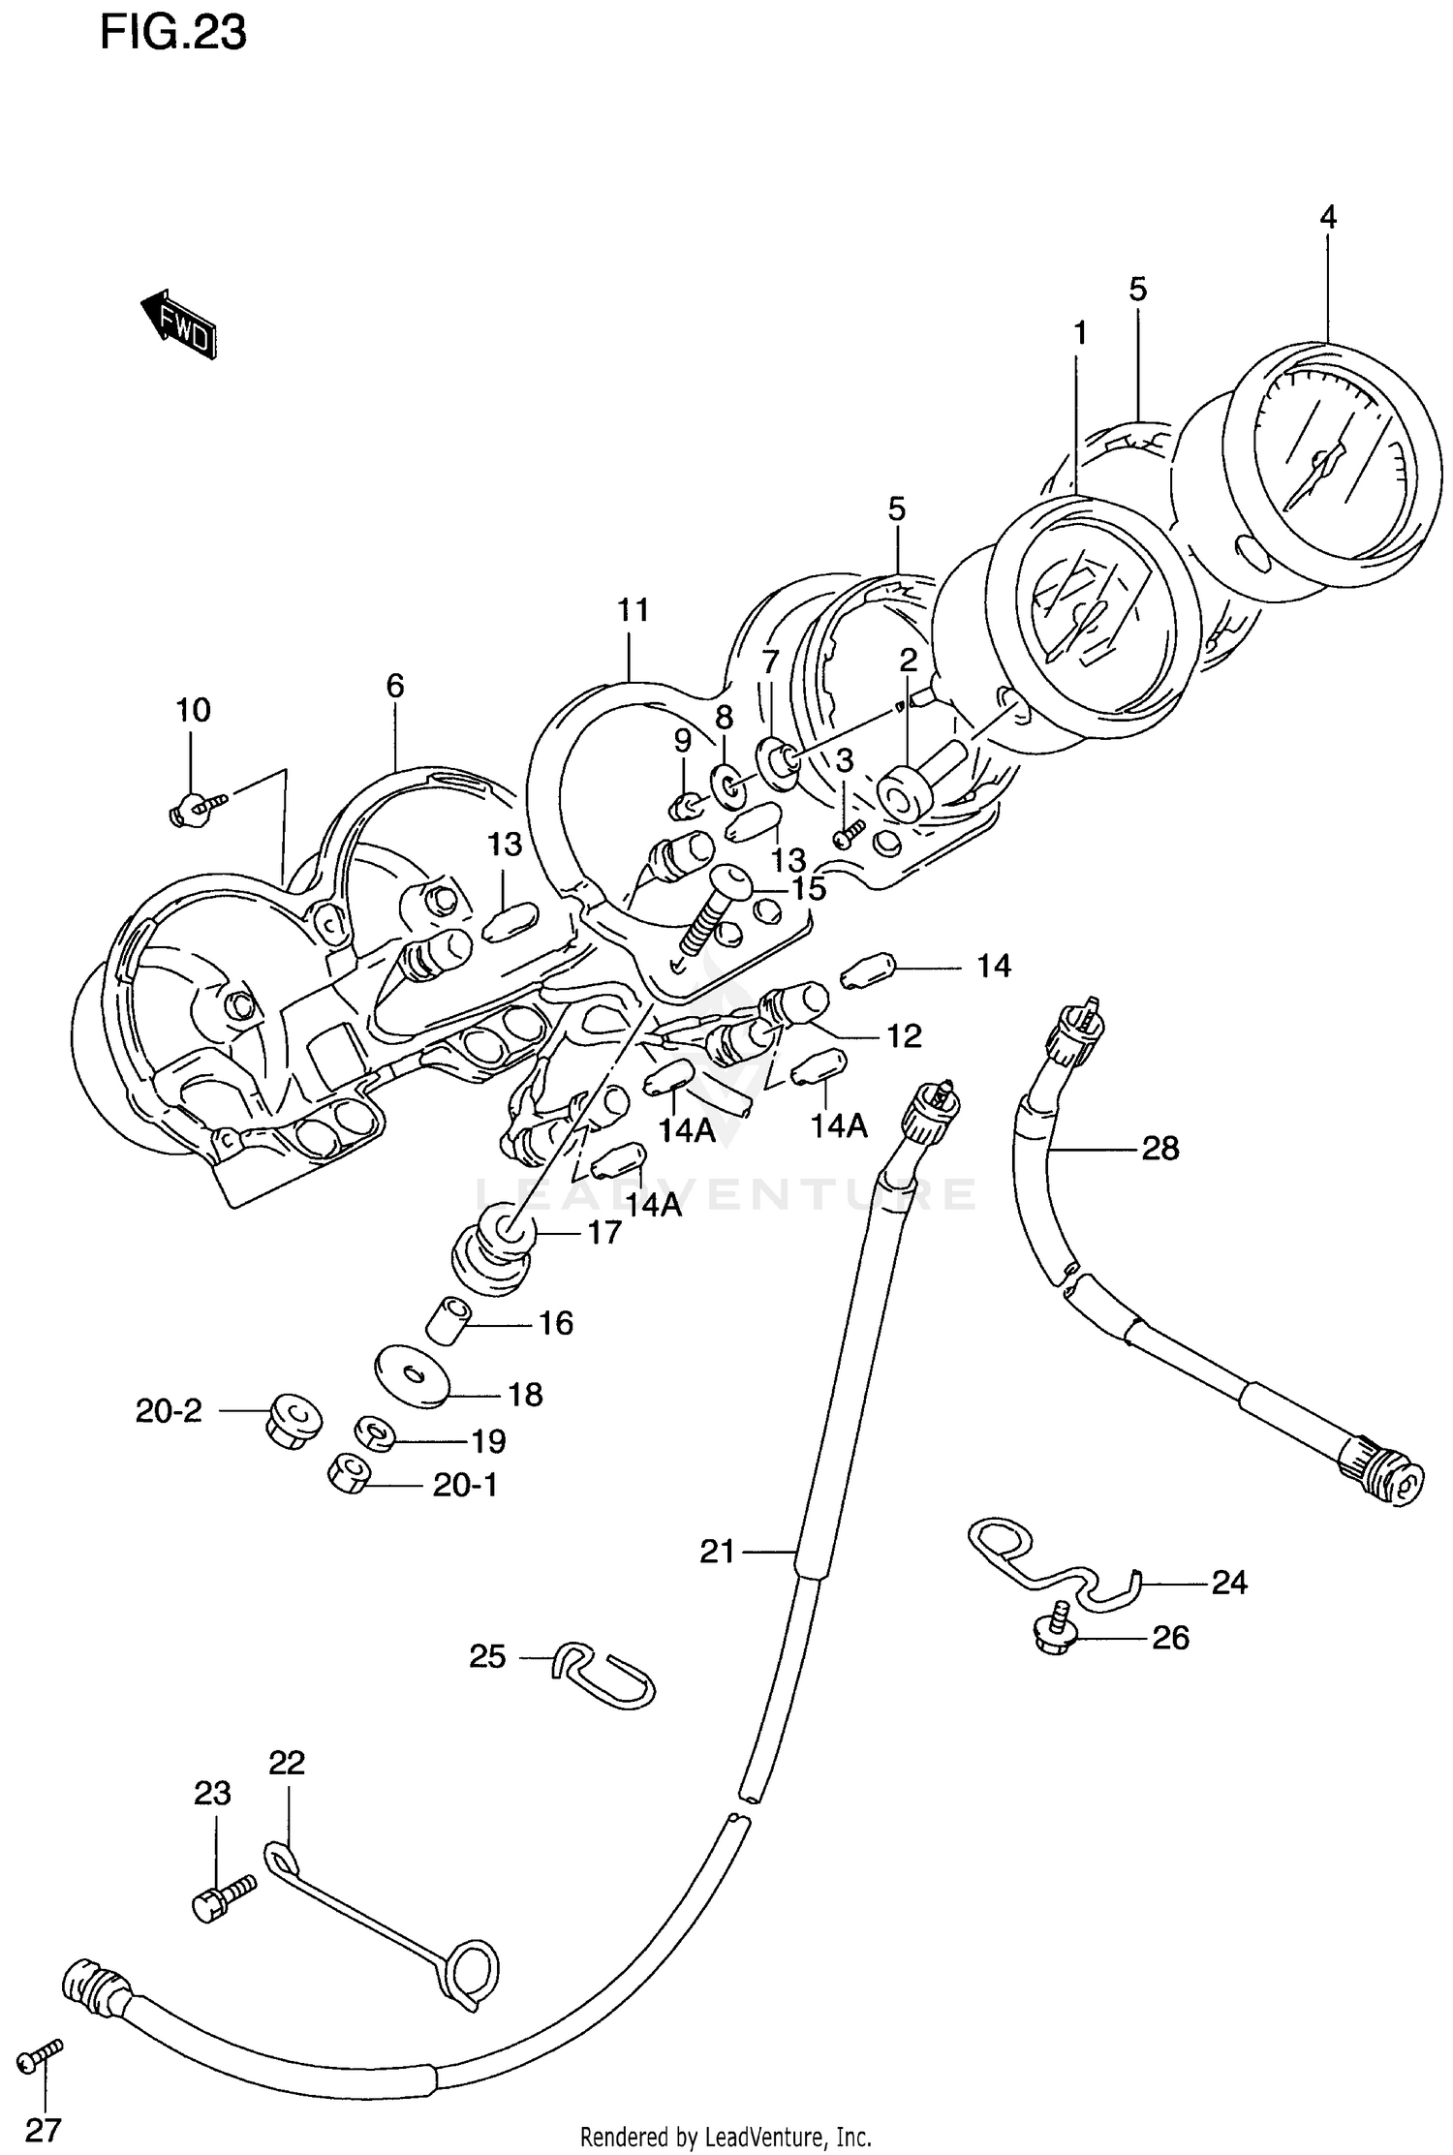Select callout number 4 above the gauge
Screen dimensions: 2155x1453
coord(1328,217)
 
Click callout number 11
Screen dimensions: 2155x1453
coord(632,610)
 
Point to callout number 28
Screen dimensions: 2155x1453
coord(1160,1149)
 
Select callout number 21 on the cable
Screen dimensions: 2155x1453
coord(718,1552)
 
